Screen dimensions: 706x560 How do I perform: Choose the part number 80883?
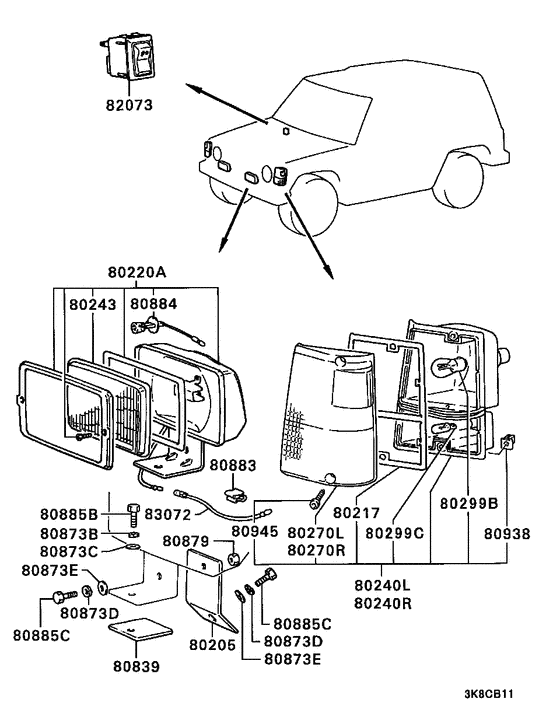tap(232, 465)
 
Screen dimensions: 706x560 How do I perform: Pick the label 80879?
tap(187, 541)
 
